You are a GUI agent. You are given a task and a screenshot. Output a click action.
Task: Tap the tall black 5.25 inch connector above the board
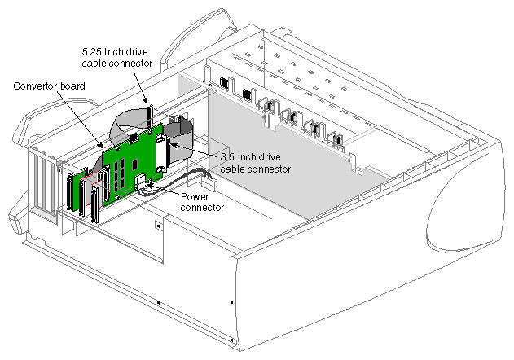[150, 116]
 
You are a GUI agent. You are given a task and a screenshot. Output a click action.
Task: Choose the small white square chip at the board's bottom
[139, 182]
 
